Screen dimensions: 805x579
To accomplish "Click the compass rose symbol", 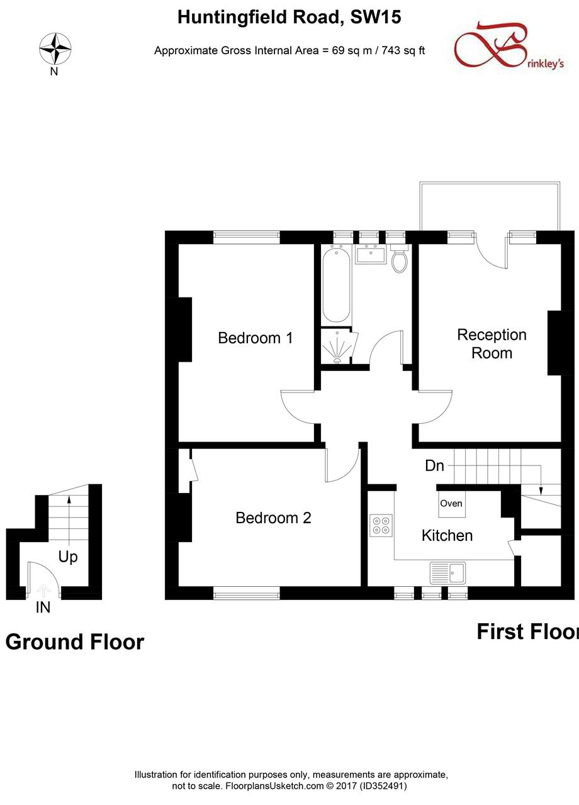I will pos(55,49).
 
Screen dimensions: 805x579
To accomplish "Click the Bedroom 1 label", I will pos(255,338).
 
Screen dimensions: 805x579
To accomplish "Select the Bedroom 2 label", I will pos(273,518).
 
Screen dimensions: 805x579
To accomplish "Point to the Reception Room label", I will pos(492,343).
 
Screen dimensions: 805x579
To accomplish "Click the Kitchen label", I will pos(447,535).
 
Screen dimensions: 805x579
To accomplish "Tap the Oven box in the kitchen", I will pos(452,504).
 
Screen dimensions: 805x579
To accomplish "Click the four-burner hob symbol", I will pos(381,525).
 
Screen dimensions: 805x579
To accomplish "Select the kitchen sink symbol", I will pos(447,573).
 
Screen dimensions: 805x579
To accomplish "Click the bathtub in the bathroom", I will pos(337,285).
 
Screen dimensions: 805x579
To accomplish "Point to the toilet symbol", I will pos(400,261).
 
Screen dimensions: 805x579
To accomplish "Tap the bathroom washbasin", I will pos(369,255).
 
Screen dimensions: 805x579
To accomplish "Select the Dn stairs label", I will pos(435,466).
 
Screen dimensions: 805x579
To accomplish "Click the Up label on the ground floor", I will pos(68,557).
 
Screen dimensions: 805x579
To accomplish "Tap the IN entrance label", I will pos(43,608).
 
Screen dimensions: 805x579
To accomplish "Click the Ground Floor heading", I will pos(75,642).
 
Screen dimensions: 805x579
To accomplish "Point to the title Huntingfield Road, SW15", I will pos(289,18).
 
